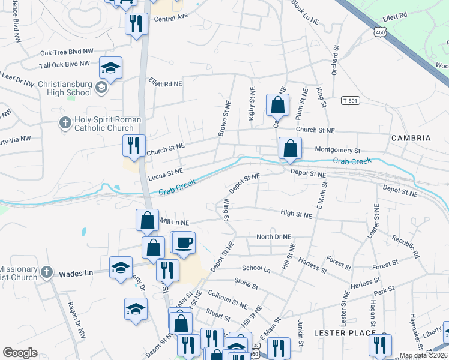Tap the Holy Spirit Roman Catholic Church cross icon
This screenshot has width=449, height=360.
pyautogui.click(x=65, y=124)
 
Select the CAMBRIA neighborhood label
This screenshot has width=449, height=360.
pyautogui.click(x=411, y=138)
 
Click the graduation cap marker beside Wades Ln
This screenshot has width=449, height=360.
pyautogui.click(x=121, y=268)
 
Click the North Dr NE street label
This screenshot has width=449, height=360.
pyautogui.click(x=273, y=237)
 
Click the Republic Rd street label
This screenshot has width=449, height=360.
pyautogui.click(x=405, y=243)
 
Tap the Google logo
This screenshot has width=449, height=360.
pyautogui.click(x=20, y=353)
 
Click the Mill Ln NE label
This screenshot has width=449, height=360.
pyautogui.click(x=174, y=222)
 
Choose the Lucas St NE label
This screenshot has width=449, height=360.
pyautogui.click(x=165, y=175)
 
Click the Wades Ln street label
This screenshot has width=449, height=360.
pyautogui.click(x=76, y=274)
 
